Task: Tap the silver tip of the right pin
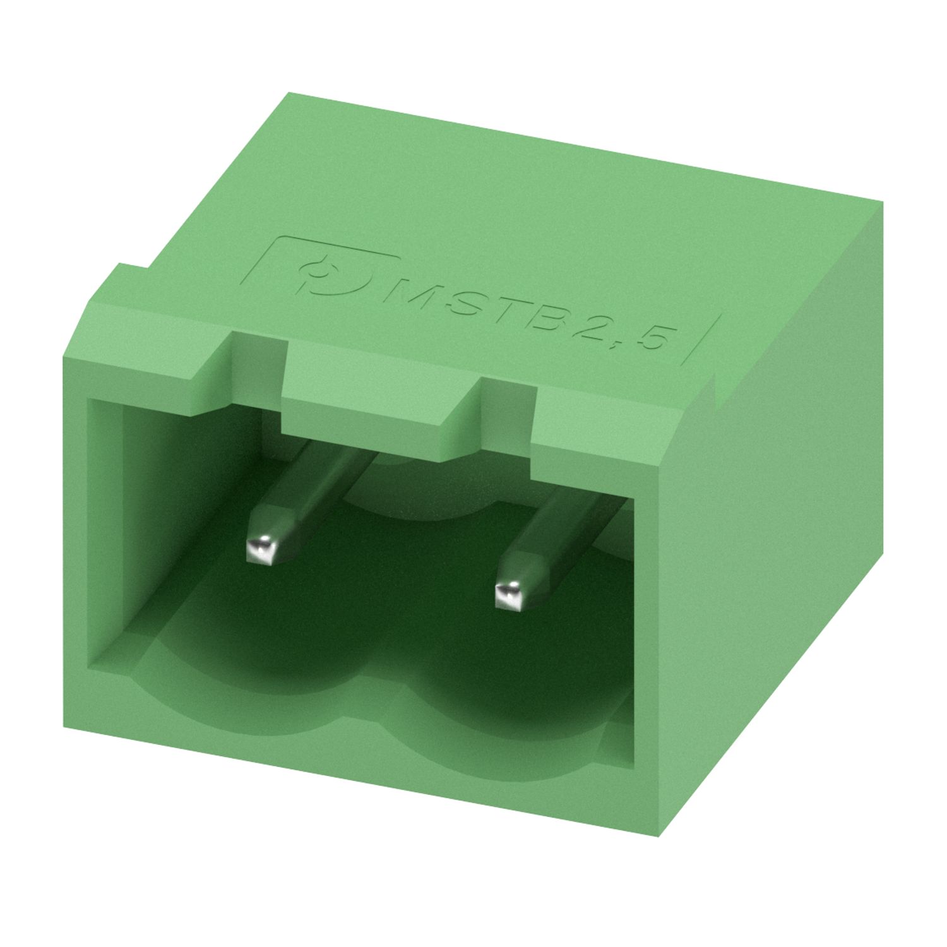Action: point(510,595)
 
